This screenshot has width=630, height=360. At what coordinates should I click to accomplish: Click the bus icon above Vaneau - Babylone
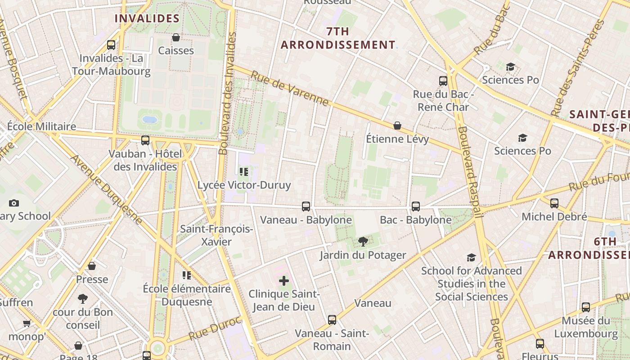tap(306, 206)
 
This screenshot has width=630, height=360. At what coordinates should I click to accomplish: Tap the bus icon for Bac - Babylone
tap(415, 206)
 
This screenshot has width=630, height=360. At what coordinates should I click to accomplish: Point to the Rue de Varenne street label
tap(290, 89)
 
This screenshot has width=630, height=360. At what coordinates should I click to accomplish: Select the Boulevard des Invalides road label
tap(227, 93)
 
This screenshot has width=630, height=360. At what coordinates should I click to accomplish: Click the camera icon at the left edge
tap(14, 203)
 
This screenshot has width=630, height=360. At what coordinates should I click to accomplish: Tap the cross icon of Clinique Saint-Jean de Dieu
tap(284, 281)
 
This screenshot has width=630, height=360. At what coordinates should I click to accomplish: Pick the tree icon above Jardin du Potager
tap(363, 242)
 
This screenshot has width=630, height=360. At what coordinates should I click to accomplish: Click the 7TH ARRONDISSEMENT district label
tap(338, 38)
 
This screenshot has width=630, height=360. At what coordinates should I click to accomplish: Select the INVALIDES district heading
tap(147, 18)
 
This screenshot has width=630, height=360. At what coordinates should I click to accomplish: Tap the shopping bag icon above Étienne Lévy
tap(397, 126)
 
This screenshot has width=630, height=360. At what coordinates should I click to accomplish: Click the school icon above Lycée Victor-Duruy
tap(244, 171)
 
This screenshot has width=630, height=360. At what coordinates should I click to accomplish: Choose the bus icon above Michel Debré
tap(554, 203)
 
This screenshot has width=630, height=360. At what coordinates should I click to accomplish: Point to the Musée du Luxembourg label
tap(585, 327)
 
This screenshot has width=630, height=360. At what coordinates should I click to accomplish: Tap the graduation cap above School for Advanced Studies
tap(471, 257)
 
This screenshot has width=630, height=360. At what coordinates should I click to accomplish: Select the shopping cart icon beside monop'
tap(27, 323)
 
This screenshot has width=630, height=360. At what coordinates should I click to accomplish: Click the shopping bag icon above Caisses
tap(176, 37)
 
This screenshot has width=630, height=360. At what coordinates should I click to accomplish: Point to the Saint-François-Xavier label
tap(216, 235)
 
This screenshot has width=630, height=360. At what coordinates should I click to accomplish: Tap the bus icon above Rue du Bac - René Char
tap(443, 81)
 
